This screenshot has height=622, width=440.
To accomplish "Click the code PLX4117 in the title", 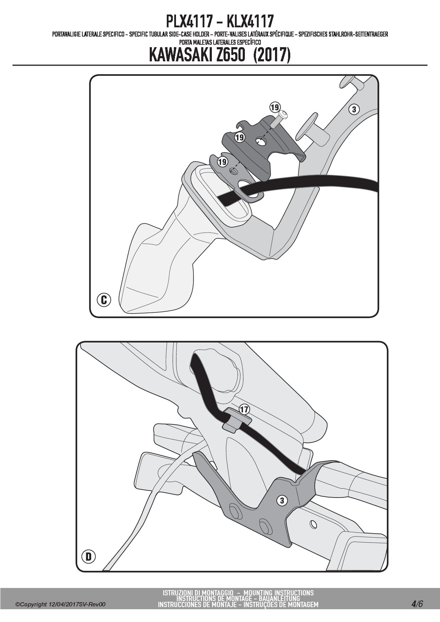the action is point(189,22).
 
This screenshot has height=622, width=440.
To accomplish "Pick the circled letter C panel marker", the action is point(104,300).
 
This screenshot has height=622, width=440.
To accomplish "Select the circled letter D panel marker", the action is point(88,556).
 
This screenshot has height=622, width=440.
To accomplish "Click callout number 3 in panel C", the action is point(354,109).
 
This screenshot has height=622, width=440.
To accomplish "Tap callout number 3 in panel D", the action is point(282,501).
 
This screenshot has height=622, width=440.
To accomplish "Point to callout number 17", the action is point(244,410).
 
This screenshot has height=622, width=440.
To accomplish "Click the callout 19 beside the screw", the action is point(275,107).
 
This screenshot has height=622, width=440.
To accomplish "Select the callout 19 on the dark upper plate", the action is point(240,137).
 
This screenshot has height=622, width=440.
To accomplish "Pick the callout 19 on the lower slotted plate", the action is point(222,162).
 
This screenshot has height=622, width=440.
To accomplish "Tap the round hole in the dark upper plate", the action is point(262,142).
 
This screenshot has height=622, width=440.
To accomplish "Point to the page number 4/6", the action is point(417,603).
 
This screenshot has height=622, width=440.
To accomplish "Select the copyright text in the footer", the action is point(60,604).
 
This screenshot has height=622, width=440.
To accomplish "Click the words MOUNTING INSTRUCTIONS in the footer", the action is point(279,593).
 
